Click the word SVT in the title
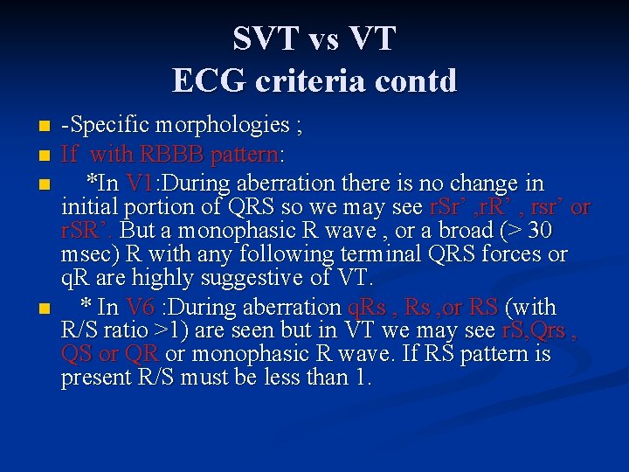coord(259,38)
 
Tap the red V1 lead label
coord(140,184)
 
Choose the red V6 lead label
coord(140,307)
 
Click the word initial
coord(90,207)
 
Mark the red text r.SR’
coord(87,231)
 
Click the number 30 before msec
coord(539,231)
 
